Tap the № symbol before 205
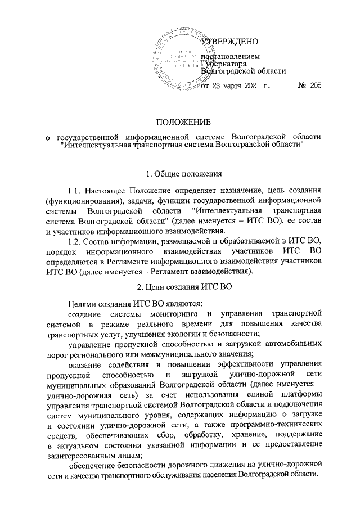point(302,87)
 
